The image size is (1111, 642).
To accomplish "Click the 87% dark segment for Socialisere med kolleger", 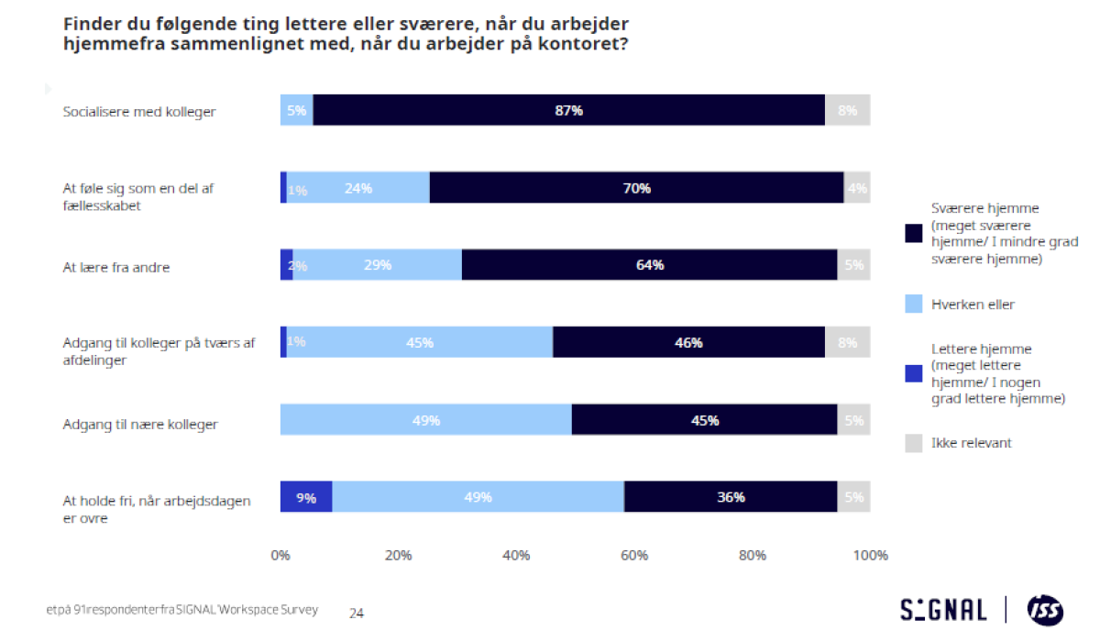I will [568, 110].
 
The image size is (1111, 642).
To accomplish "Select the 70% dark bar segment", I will [636, 188].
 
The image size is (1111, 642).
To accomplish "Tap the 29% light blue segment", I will [377, 265].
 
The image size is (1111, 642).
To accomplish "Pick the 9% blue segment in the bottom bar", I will [306, 497].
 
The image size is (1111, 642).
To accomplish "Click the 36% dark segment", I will [731, 497].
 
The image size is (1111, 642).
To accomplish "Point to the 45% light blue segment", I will [420, 342].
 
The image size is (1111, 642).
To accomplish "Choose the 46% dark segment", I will [688, 342].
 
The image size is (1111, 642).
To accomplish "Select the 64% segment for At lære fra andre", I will [649, 265].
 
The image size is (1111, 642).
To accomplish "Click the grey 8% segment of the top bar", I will [847, 110].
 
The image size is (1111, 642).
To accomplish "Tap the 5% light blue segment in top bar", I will [296, 110].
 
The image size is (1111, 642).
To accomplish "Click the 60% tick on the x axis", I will [634, 555].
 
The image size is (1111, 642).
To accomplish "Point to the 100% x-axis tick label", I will [870, 555].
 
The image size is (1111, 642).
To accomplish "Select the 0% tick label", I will [280, 555].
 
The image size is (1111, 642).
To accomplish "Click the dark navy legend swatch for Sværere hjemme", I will [913, 234].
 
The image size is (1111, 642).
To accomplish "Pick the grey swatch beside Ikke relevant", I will [913, 443].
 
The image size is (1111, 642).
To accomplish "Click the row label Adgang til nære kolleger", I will [139, 425].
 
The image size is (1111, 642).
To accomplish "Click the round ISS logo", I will [1045, 610].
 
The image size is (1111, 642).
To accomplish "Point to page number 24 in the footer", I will [357, 613].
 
